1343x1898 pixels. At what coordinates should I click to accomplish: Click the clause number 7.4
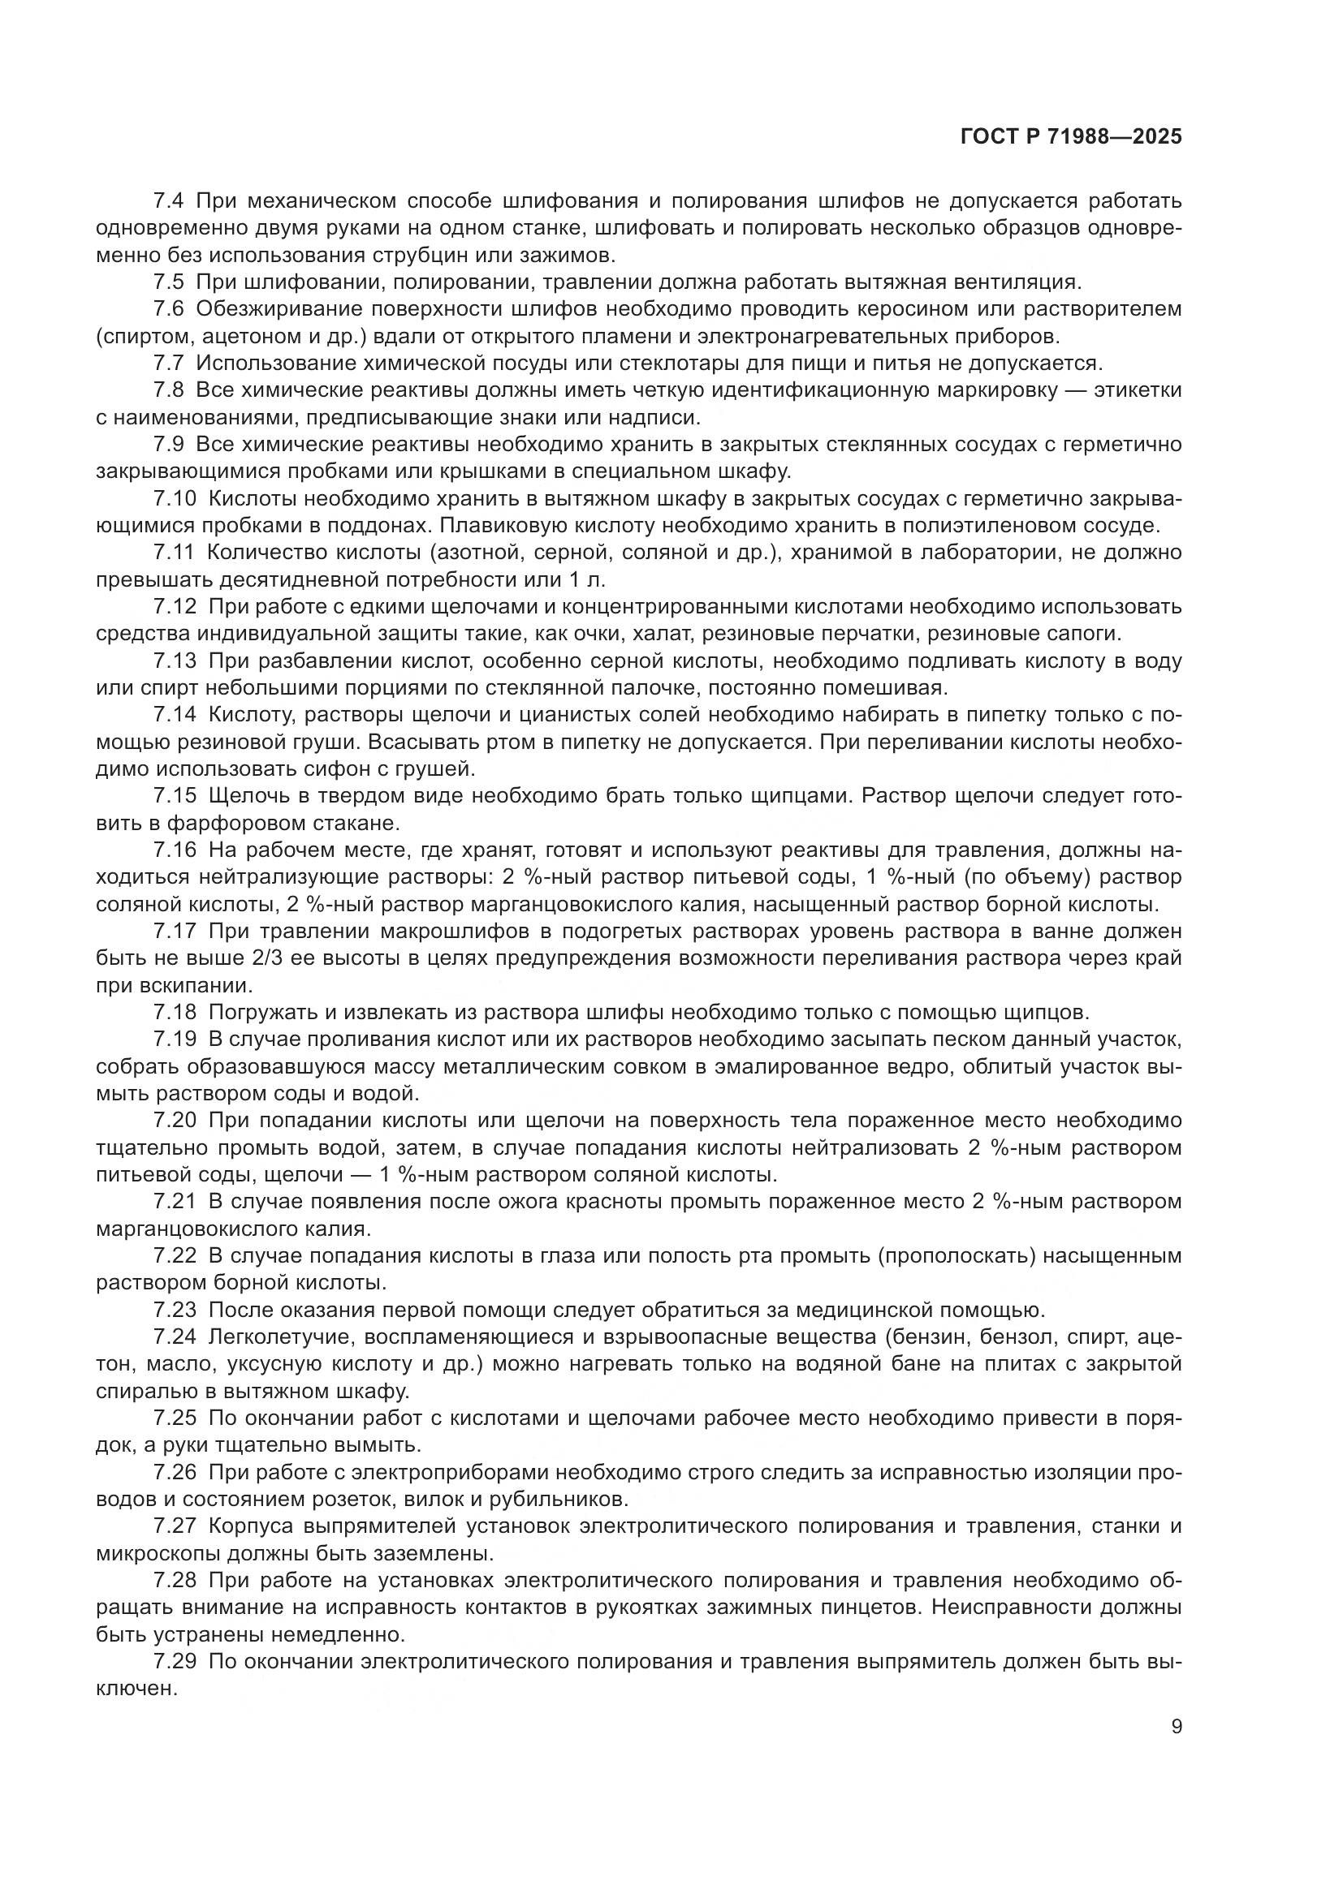point(171,201)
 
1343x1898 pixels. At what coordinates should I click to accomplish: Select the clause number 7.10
point(175,498)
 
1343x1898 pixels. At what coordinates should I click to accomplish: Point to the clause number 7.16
point(175,850)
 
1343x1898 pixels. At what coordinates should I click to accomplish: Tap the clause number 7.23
point(175,1310)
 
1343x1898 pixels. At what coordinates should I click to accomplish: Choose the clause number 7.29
point(175,1661)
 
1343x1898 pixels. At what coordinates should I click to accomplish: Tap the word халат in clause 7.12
point(709,634)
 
